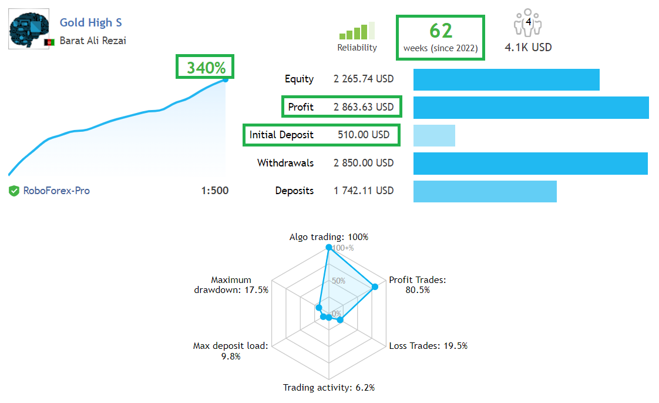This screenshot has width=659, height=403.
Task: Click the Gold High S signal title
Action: (90, 23)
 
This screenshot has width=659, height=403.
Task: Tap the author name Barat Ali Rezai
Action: (93, 41)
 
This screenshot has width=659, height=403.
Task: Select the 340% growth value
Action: (206, 68)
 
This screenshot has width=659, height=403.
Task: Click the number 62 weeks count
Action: (441, 30)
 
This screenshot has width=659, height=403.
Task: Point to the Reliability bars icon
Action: (357, 31)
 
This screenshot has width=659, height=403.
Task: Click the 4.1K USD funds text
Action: (528, 48)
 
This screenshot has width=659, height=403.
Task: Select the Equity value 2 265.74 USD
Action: (364, 79)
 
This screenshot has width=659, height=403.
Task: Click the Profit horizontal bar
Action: (531, 108)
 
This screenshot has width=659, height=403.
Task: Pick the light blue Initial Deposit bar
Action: (434, 135)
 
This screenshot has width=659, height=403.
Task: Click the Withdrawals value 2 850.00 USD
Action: (364, 163)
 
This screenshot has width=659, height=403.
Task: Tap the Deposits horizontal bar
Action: (485, 191)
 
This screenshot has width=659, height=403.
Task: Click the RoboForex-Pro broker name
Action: (56, 191)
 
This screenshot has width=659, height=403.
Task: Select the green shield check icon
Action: (14, 191)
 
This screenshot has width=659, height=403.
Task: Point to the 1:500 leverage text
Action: (214, 191)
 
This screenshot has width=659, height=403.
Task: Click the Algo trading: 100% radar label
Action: (328, 237)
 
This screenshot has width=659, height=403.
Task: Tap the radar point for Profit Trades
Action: (375, 287)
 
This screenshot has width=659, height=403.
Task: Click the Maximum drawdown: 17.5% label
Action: (231, 285)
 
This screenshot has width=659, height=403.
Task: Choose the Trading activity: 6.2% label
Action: (328, 388)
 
